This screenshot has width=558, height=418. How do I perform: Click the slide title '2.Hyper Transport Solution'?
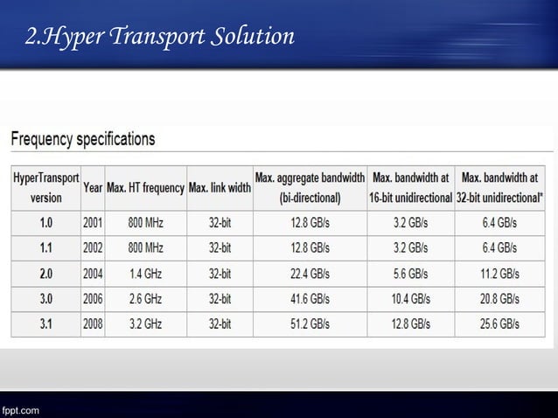coord(158,38)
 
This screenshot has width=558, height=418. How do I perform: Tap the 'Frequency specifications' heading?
coord(83,139)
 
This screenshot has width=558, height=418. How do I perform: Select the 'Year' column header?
coord(93,187)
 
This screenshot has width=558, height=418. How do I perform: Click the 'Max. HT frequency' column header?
coord(145,187)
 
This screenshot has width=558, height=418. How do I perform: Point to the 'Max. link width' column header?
coord(220,187)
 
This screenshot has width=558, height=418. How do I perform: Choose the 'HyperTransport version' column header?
coord(45,187)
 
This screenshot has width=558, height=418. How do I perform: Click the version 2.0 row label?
coord(45,273)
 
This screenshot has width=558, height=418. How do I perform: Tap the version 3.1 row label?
coord(45,324)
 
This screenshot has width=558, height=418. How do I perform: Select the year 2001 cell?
coord(93,222)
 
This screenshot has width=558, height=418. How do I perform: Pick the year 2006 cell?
coord(93,298)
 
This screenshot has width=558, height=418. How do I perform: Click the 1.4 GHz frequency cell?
coord(145,273)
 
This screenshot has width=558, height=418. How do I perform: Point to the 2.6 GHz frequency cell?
coord(145,298)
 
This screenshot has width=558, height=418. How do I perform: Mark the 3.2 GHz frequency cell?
coord(145,324)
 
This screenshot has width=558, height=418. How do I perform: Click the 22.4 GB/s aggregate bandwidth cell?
coord(310,273)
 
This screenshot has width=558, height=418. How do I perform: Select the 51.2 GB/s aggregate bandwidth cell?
coord(310,324)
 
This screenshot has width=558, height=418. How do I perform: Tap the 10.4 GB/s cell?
coord(409,298)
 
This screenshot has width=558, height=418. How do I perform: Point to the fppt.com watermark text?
coord(19,408)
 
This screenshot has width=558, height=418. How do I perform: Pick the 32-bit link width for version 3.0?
coord(220,298)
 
